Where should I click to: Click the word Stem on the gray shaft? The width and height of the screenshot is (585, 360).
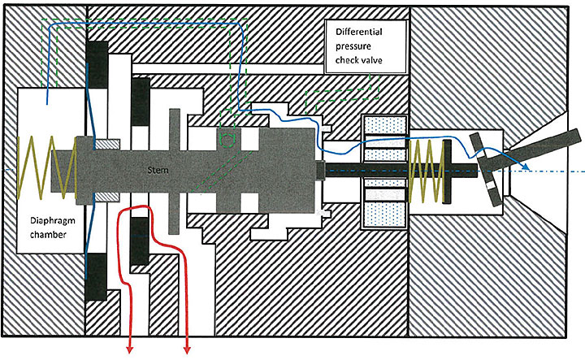[x=157, y=170]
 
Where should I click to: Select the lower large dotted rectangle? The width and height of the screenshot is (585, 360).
[x=383, y=215]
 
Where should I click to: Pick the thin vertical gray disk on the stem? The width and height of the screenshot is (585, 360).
[x=174, y=171]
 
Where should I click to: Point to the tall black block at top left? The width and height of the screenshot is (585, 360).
[x=98, y=69]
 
